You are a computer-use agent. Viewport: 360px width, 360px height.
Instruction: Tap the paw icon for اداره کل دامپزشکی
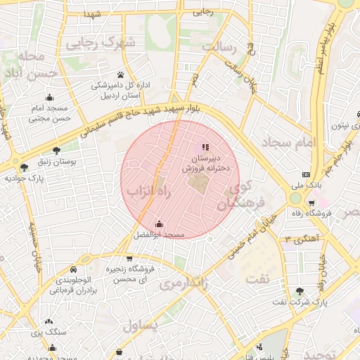coord(121,74)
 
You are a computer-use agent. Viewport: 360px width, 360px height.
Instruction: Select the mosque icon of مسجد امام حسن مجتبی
coord(49,98)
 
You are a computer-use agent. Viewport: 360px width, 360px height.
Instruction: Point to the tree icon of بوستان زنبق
coord(56,150)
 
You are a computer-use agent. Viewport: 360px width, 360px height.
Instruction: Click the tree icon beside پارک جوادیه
coord(25,167)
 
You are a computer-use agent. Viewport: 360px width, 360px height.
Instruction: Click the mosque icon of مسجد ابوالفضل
coord(160,224)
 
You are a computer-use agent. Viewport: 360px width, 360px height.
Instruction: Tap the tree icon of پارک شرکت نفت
coord(300,291)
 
